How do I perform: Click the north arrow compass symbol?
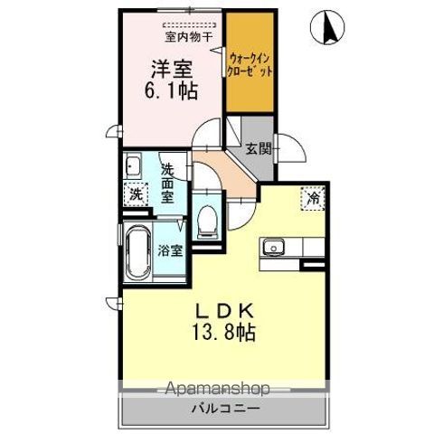327,27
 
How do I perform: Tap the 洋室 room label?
172,69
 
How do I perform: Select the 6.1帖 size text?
171,90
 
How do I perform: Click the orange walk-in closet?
250,62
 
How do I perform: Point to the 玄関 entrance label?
259,148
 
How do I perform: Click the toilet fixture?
207,220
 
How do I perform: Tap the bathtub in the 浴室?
138,252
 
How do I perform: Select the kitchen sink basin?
273,247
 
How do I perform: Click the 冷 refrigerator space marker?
313,198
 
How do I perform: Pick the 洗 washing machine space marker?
136,194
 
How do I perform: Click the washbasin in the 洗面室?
133,165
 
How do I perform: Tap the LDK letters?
224,312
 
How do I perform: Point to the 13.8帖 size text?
223,332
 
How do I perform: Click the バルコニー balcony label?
226,409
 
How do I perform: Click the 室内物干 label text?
189,37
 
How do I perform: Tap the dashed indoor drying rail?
189,24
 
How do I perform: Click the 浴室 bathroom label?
170,250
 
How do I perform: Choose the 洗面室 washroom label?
167,184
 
